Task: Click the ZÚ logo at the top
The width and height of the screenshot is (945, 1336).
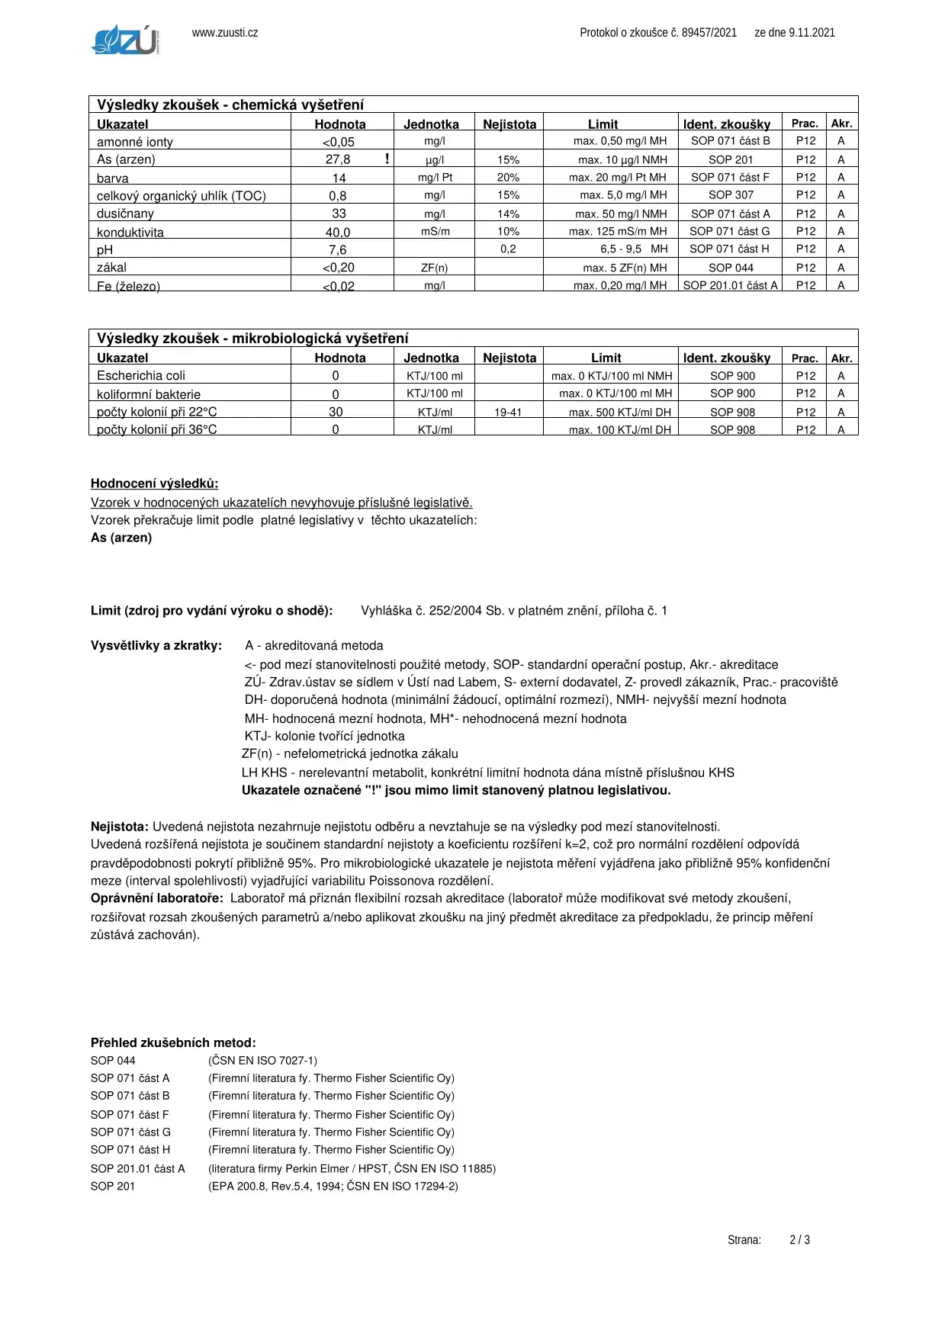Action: (x=125, y=40)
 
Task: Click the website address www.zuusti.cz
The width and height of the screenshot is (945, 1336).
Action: (x=225, y=33)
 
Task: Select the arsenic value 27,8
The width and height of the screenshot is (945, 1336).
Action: (x=338, y=159)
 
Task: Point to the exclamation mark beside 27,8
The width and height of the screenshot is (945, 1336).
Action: (x=387, y=159)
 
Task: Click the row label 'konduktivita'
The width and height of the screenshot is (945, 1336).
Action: (x=130, y=233)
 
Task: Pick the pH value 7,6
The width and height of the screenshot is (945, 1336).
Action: (x=337, y=250)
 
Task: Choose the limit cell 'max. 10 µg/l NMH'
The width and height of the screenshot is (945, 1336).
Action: (x=622, y=160)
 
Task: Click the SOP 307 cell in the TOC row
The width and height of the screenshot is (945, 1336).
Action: (x=731, y=195)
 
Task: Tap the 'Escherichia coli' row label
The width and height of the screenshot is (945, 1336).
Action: (x=141, y=376)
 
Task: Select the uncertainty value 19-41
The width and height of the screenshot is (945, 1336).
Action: (x=508, y=413)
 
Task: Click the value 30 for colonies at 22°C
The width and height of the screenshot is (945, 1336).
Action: (x=336, y=412)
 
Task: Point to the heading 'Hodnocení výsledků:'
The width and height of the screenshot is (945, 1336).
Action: (x=154, y=483)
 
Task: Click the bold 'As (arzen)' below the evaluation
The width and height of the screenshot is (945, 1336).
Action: (x=121, y=538)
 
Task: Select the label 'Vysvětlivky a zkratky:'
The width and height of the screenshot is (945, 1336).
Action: (x=156, y=646)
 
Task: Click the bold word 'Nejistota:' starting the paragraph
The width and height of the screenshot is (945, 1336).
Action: (x=120, y=827)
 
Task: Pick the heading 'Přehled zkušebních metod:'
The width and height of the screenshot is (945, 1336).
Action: (x=173, y=1043)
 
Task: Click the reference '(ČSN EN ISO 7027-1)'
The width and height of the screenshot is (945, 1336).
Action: (x=262, y=1061)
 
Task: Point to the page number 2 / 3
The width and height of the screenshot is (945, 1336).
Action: (x=799, y=1240)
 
